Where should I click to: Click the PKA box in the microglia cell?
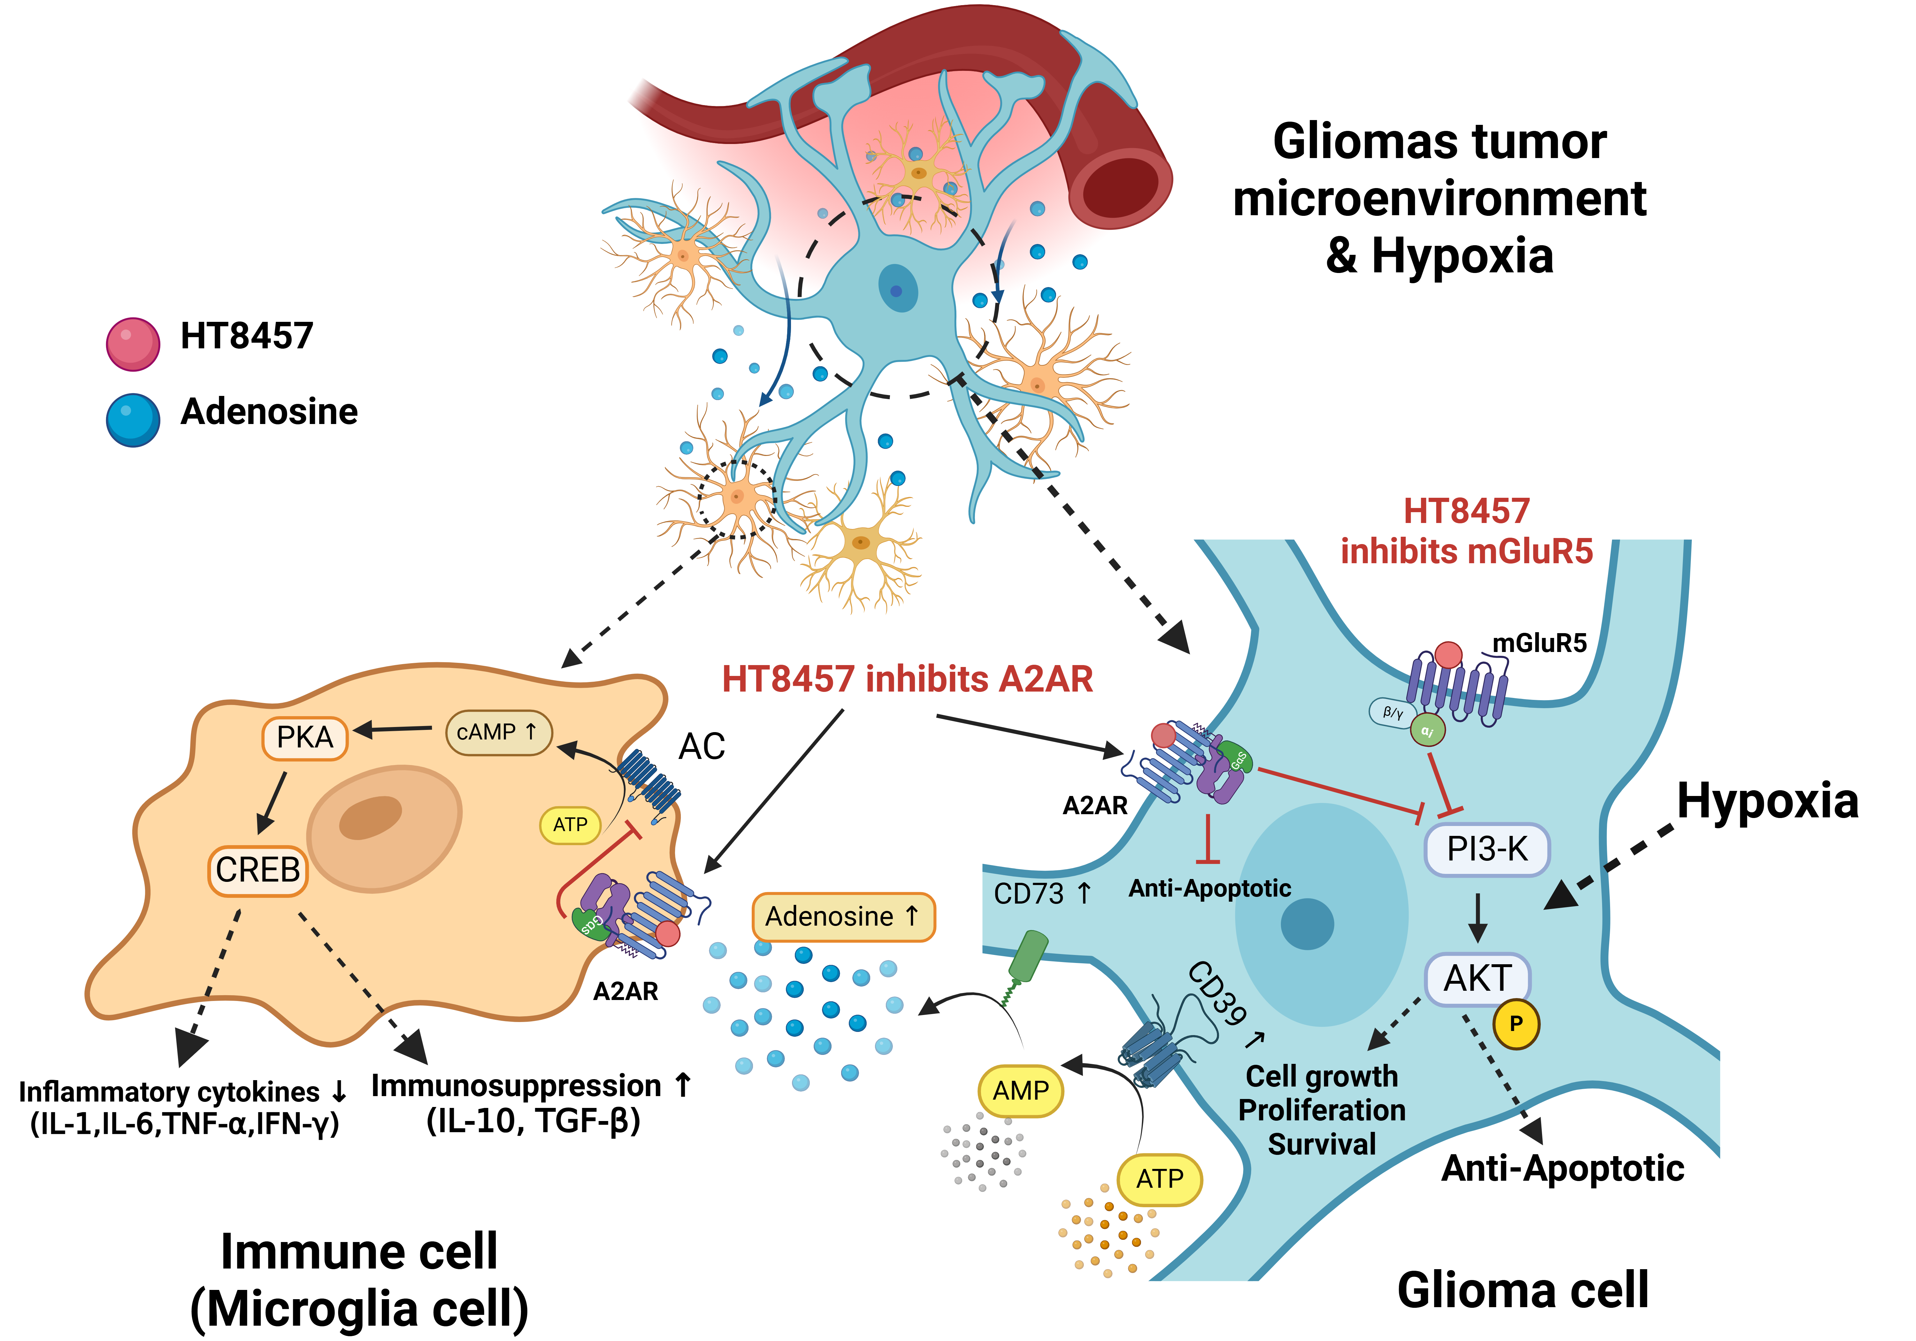click(x=305, y=738)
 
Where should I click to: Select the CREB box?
click(x=258, y=870)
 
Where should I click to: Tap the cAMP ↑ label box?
click(x=498, y=733)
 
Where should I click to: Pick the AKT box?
click(x=1477, y=978)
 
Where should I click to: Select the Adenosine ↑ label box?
click(x=843, y=916)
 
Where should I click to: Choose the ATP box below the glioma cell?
click(x=1159, y=1179)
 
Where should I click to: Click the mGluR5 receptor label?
click(x=1539, y=643)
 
